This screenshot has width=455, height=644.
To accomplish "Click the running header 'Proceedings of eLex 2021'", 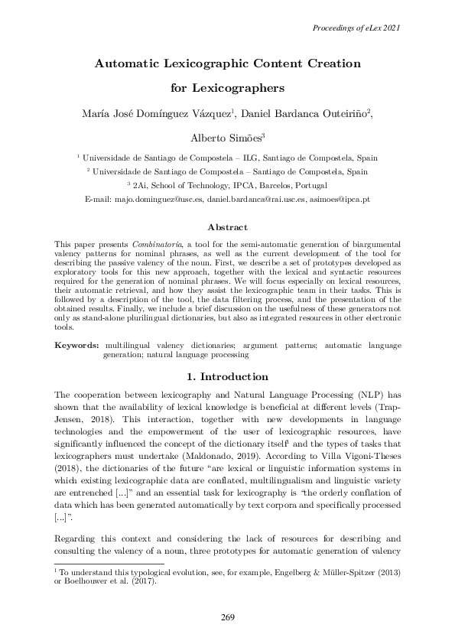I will click(357, 28).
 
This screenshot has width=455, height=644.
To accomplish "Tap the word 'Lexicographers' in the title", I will click(228, 88).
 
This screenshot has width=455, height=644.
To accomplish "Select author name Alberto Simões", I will click(226, 138).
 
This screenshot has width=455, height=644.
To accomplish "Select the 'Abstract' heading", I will click(227, 227).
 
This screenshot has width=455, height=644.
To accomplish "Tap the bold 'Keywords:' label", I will click(76, 346).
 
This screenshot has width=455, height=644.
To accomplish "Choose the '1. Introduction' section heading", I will click(227, 376).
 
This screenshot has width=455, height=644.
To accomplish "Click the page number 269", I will click(227, 617).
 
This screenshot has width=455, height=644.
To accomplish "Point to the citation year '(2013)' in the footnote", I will click(387, 571).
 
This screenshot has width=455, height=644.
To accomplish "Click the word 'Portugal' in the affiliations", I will click(310, 185).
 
